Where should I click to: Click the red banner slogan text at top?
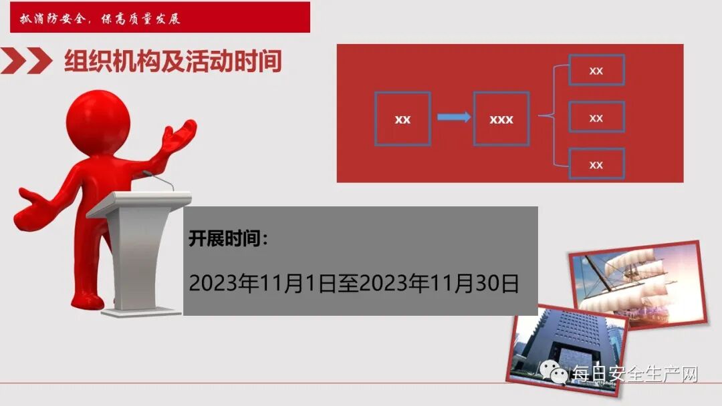tap(100, 18)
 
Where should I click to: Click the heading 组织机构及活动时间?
tap(172, 61)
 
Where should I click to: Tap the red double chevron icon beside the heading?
tap(27, 61)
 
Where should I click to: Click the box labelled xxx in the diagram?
tap(501, 119)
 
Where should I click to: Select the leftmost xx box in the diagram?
tap(402, 119)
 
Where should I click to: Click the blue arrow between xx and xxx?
tap(453, 118)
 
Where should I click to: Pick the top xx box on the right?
tap(596, 70)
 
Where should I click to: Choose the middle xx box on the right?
tap(596, 118)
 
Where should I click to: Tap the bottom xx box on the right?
tap(596, 164)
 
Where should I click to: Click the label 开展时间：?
tap(228, 239)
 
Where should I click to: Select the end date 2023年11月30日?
tap(439, 283)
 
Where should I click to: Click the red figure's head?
tap(99, 120)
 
